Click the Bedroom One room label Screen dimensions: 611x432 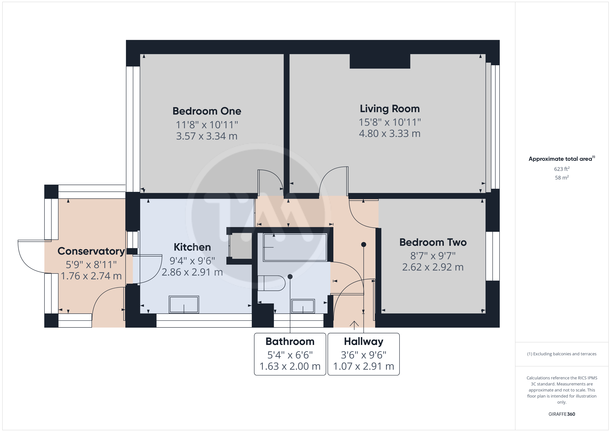pyautogui.click(x=207, y=111)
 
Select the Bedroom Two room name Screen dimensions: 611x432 pyautogui.click(x=433, y=242)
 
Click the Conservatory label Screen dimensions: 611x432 pyautogui.click(x=91, y=251)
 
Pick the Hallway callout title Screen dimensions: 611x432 pyautogui.click(x=364, y=341)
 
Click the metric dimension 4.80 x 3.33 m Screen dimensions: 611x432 pyautogui.click(x=390, y=133)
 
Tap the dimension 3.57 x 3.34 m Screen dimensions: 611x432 pyautogui.click(x=207, y=136)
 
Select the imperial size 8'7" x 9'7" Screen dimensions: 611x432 pyautogui.click(x=433, y=256)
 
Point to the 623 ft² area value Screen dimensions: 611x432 pyautogui.click(x=562, y=169)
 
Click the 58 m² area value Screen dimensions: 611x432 pyautogui.click(x=562, y=177)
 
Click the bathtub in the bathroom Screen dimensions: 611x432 pyautogui.click(x=295, y=247)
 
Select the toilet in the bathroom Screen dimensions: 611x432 pyautogui.click(x=271, y=283)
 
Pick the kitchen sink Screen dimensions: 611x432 pyautogui.click(x=184, y=304)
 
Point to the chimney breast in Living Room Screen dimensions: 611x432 pyautogui.click(x=380, y=61)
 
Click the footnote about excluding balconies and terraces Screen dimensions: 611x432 pyautogui.click(x=562, y=354)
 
